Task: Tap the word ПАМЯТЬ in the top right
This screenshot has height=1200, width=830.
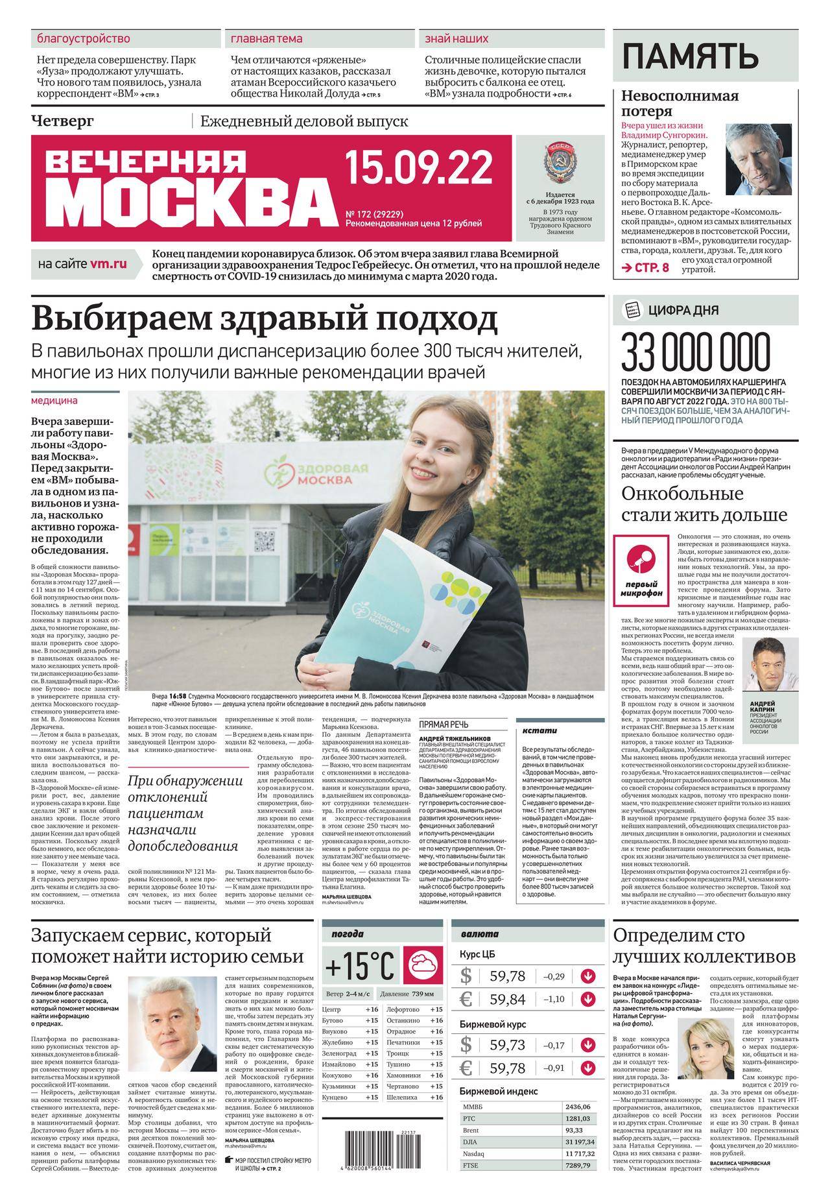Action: (x=690, y=56)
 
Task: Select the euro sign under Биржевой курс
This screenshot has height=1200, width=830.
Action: (x=466, y=1068)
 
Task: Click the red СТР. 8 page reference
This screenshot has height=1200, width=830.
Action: (x=645, y=268)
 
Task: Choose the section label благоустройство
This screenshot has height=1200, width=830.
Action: (x=84, y=39)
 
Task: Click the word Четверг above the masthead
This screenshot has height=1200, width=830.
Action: (x=63, y=121)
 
